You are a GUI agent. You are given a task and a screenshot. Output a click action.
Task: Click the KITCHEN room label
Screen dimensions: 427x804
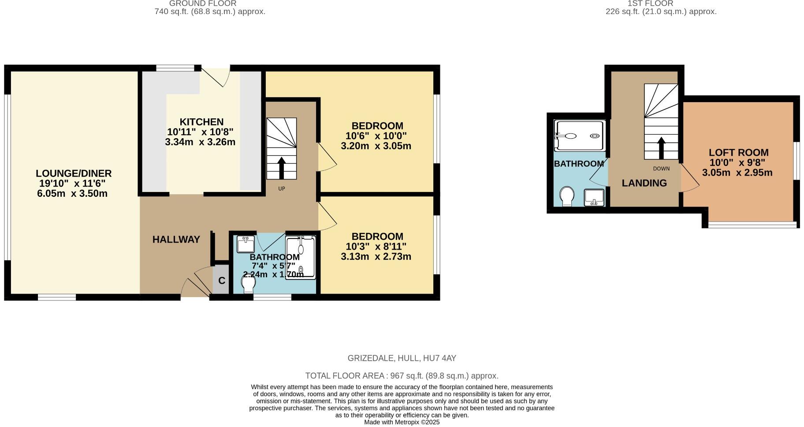201,122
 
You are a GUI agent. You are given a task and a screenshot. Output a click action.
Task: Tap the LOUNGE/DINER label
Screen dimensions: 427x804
74,173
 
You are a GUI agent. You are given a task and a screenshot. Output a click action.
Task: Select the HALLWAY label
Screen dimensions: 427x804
176,239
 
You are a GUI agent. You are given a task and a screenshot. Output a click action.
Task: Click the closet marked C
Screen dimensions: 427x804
222,280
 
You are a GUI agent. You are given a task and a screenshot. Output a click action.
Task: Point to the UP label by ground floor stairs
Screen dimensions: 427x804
282,189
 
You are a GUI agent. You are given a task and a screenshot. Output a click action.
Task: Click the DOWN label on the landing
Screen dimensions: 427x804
661,169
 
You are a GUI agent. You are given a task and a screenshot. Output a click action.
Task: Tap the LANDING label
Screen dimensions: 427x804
644,183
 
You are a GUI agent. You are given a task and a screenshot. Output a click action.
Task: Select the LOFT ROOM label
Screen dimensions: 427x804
738,153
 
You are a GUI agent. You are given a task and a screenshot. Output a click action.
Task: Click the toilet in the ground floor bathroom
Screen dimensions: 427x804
248,283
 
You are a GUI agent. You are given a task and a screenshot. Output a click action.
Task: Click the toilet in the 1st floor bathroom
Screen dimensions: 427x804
566,196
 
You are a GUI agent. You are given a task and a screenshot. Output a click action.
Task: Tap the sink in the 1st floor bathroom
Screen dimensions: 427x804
593,197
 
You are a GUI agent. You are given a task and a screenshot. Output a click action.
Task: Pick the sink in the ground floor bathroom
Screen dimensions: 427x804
246,244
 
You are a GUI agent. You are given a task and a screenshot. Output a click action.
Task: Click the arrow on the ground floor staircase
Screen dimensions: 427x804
281,168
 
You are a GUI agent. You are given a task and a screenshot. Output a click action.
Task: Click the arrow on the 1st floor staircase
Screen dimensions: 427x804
661,148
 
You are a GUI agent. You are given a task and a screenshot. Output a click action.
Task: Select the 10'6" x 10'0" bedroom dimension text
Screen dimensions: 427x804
376,136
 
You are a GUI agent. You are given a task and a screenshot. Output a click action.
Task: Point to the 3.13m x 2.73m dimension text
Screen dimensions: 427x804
376,257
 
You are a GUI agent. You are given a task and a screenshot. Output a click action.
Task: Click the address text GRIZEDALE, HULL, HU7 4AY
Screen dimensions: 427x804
402,358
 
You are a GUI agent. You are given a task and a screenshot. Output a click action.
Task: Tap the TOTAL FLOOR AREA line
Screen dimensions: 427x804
402,376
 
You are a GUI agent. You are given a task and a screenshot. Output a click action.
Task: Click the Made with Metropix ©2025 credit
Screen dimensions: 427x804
402,422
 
